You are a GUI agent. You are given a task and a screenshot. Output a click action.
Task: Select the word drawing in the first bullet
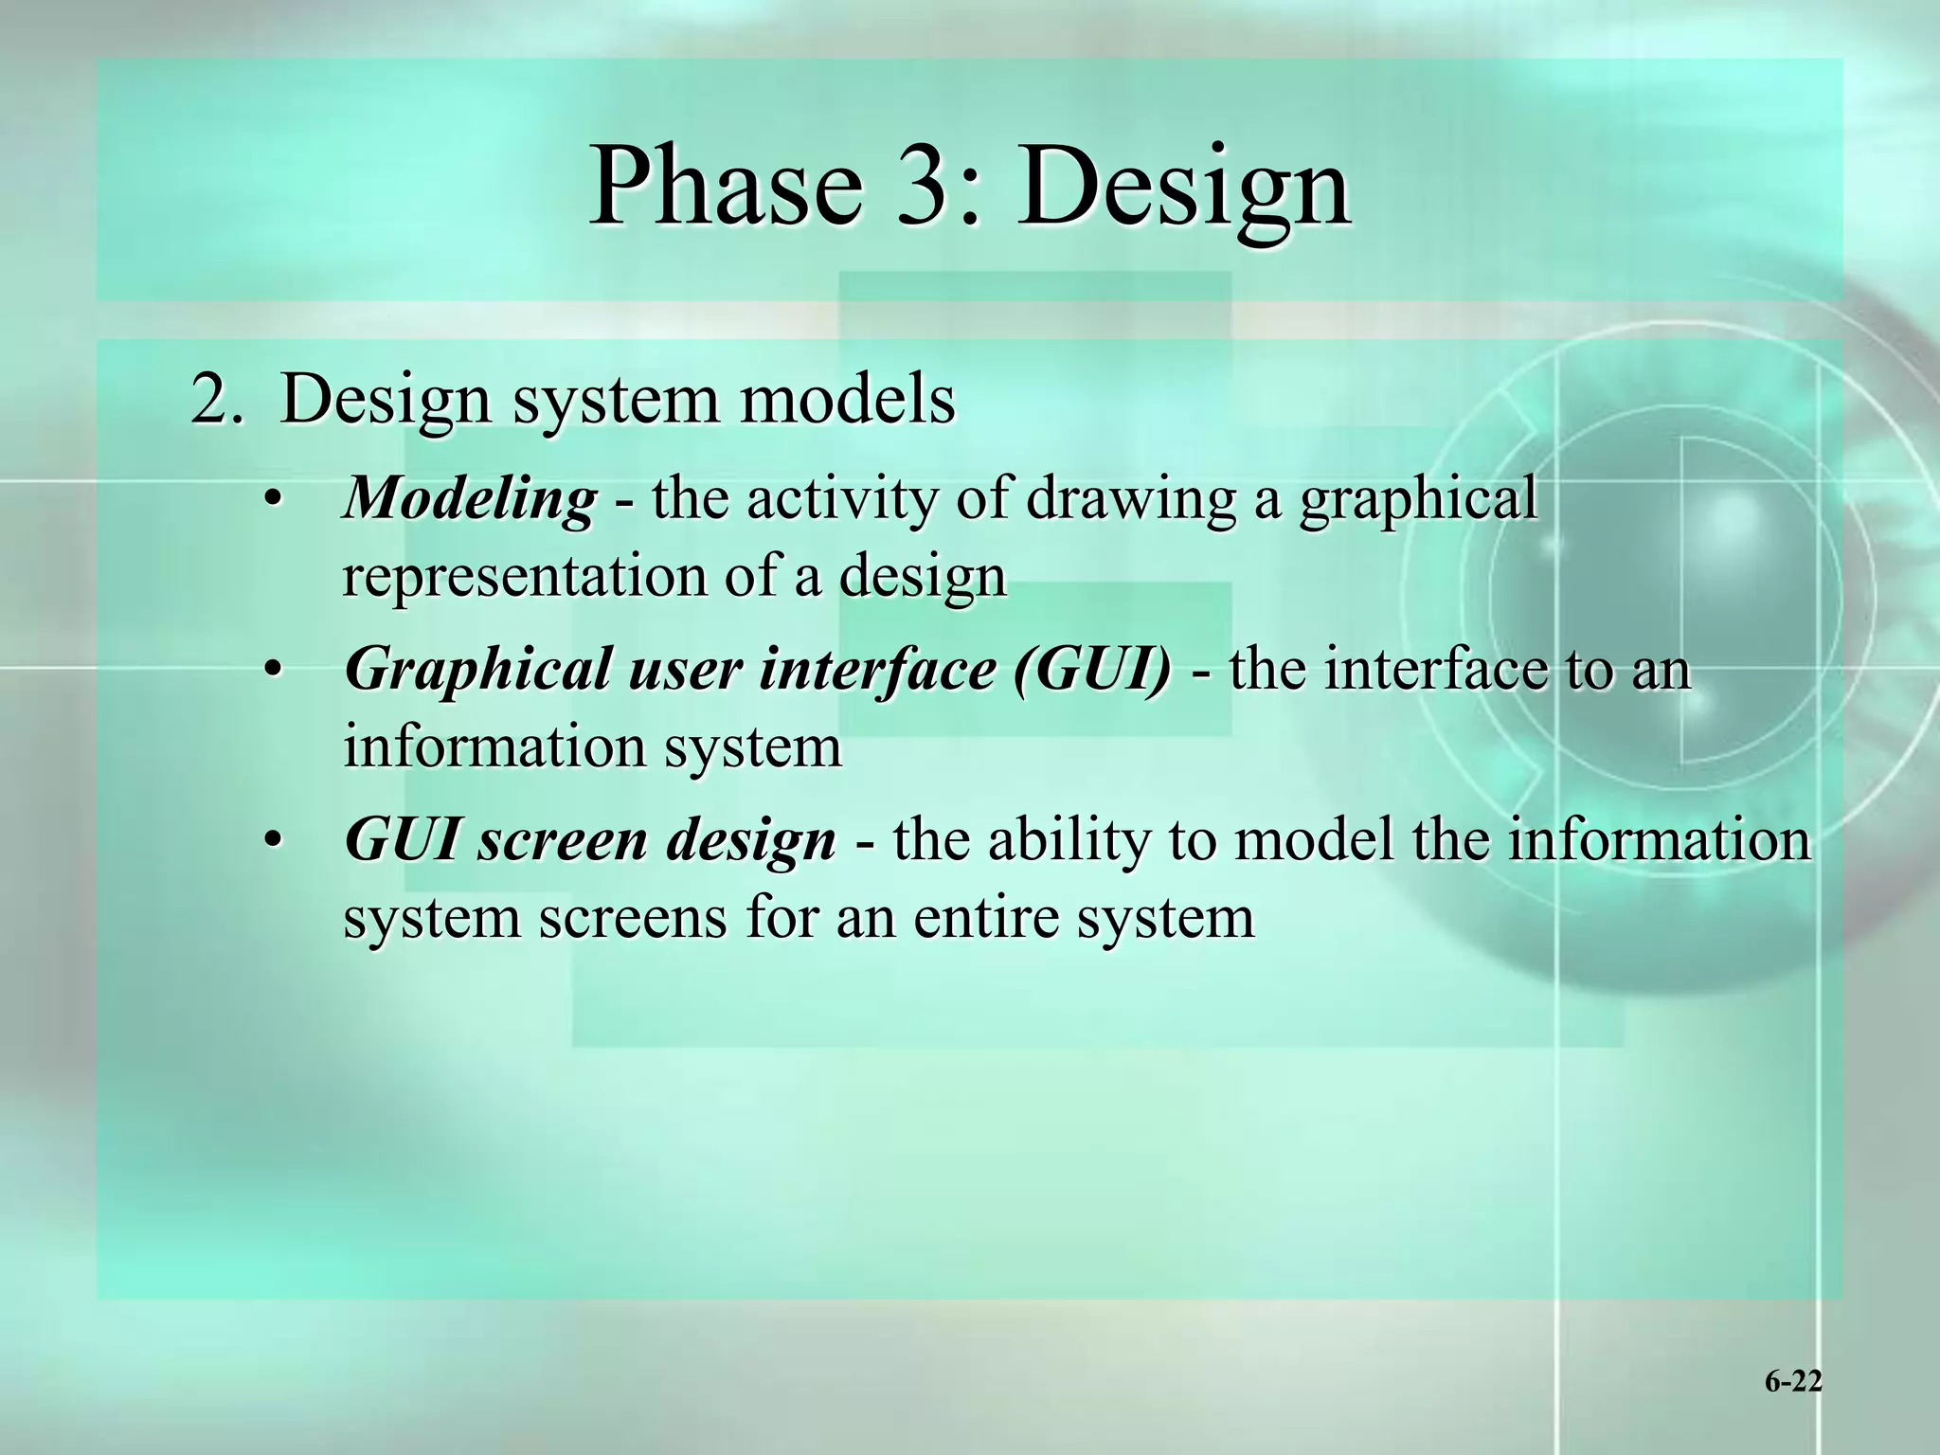[x=1131, y=499]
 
